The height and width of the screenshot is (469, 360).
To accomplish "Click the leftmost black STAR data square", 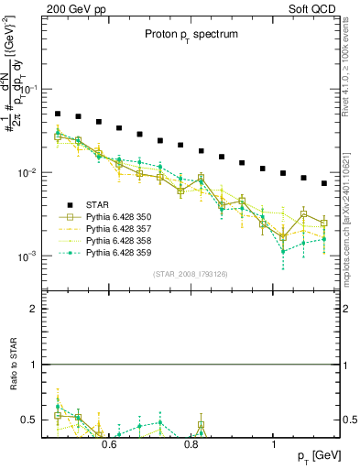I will point(57,115).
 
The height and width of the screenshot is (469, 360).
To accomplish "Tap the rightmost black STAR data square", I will point(324,183).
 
